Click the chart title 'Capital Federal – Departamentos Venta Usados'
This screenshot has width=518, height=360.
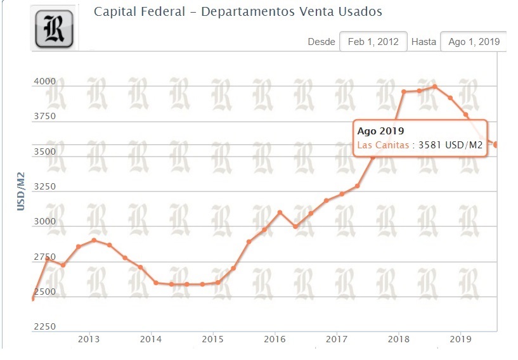[238, 12]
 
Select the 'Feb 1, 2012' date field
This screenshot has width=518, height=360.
[373, 42]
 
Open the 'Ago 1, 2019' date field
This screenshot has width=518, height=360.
[473, 42]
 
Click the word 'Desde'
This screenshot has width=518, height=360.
[321, 42]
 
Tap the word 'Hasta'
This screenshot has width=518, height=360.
[424, 42]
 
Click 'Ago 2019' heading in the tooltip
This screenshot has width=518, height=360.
[380, 131]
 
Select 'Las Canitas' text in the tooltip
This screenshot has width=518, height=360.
[383, 145]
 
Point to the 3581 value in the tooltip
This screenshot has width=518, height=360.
[431, 145]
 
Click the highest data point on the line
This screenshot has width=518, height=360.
[434, 86]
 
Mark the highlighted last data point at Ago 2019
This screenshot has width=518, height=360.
[496, 145]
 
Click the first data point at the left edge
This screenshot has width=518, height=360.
[32, 298]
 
